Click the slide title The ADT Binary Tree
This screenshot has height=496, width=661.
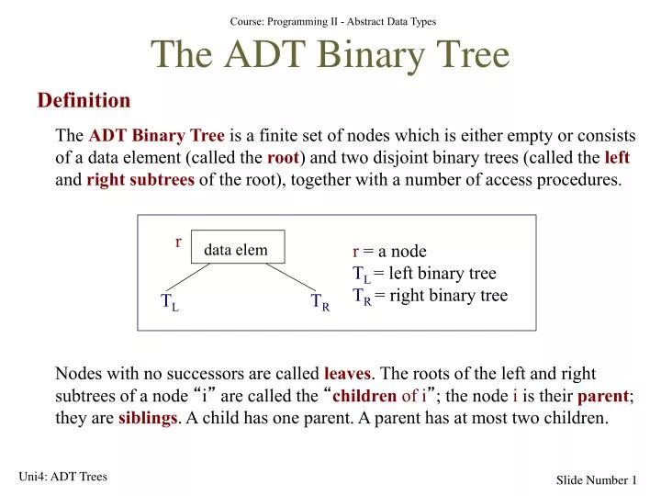[330, 56]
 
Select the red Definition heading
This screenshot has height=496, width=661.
[84, 100]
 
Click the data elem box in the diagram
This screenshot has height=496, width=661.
[237, 249]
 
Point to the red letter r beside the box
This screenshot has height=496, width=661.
[178, 242]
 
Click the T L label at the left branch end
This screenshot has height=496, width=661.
[170, 302]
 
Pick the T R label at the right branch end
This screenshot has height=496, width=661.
[319, 302]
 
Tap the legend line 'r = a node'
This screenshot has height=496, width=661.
[390, 252]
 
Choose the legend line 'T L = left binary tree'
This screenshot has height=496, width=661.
[424, 274]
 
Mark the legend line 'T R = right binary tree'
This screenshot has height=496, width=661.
[430, 296]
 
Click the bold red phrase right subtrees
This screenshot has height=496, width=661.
[140, 179]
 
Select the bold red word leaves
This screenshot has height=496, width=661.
[348, 374]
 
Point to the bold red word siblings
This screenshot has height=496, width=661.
[147, 418]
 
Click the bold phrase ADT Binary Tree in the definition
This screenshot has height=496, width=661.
[156, 135]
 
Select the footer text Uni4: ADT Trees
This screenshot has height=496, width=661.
[62, 476]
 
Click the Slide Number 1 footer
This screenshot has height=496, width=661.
[597, 480]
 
